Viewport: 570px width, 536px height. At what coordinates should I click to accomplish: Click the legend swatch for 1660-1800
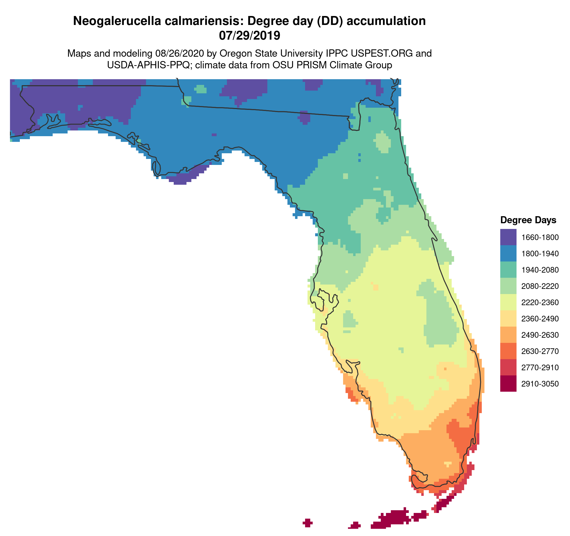click(x=508, y=237)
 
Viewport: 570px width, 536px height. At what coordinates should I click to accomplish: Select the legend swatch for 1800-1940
click(x=508, y=253)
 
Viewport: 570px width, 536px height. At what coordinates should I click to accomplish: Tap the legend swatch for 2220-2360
click(x=508, y=302)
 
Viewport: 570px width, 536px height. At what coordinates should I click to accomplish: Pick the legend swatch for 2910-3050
click(x=508, y=383)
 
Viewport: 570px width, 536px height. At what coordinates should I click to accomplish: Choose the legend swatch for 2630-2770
click(x=508, y=351)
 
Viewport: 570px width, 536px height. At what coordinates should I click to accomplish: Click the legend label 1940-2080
click(x=540, y=270)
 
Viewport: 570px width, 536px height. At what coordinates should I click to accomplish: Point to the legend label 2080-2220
click(x=540, y=286)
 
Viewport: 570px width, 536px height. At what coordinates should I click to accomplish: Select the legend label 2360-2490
click(x=540, y=318)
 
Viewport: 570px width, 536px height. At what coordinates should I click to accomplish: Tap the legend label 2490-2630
click(x=540, y=335)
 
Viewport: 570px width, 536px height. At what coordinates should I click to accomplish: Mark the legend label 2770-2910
click(x=540, y=367)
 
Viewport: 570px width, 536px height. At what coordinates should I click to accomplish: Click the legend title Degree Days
click(x=528, y=220)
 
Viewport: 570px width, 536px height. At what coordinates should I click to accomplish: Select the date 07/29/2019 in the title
click(x=249, y=36)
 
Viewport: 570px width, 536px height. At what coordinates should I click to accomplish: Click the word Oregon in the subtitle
click(x=235, y=53)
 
